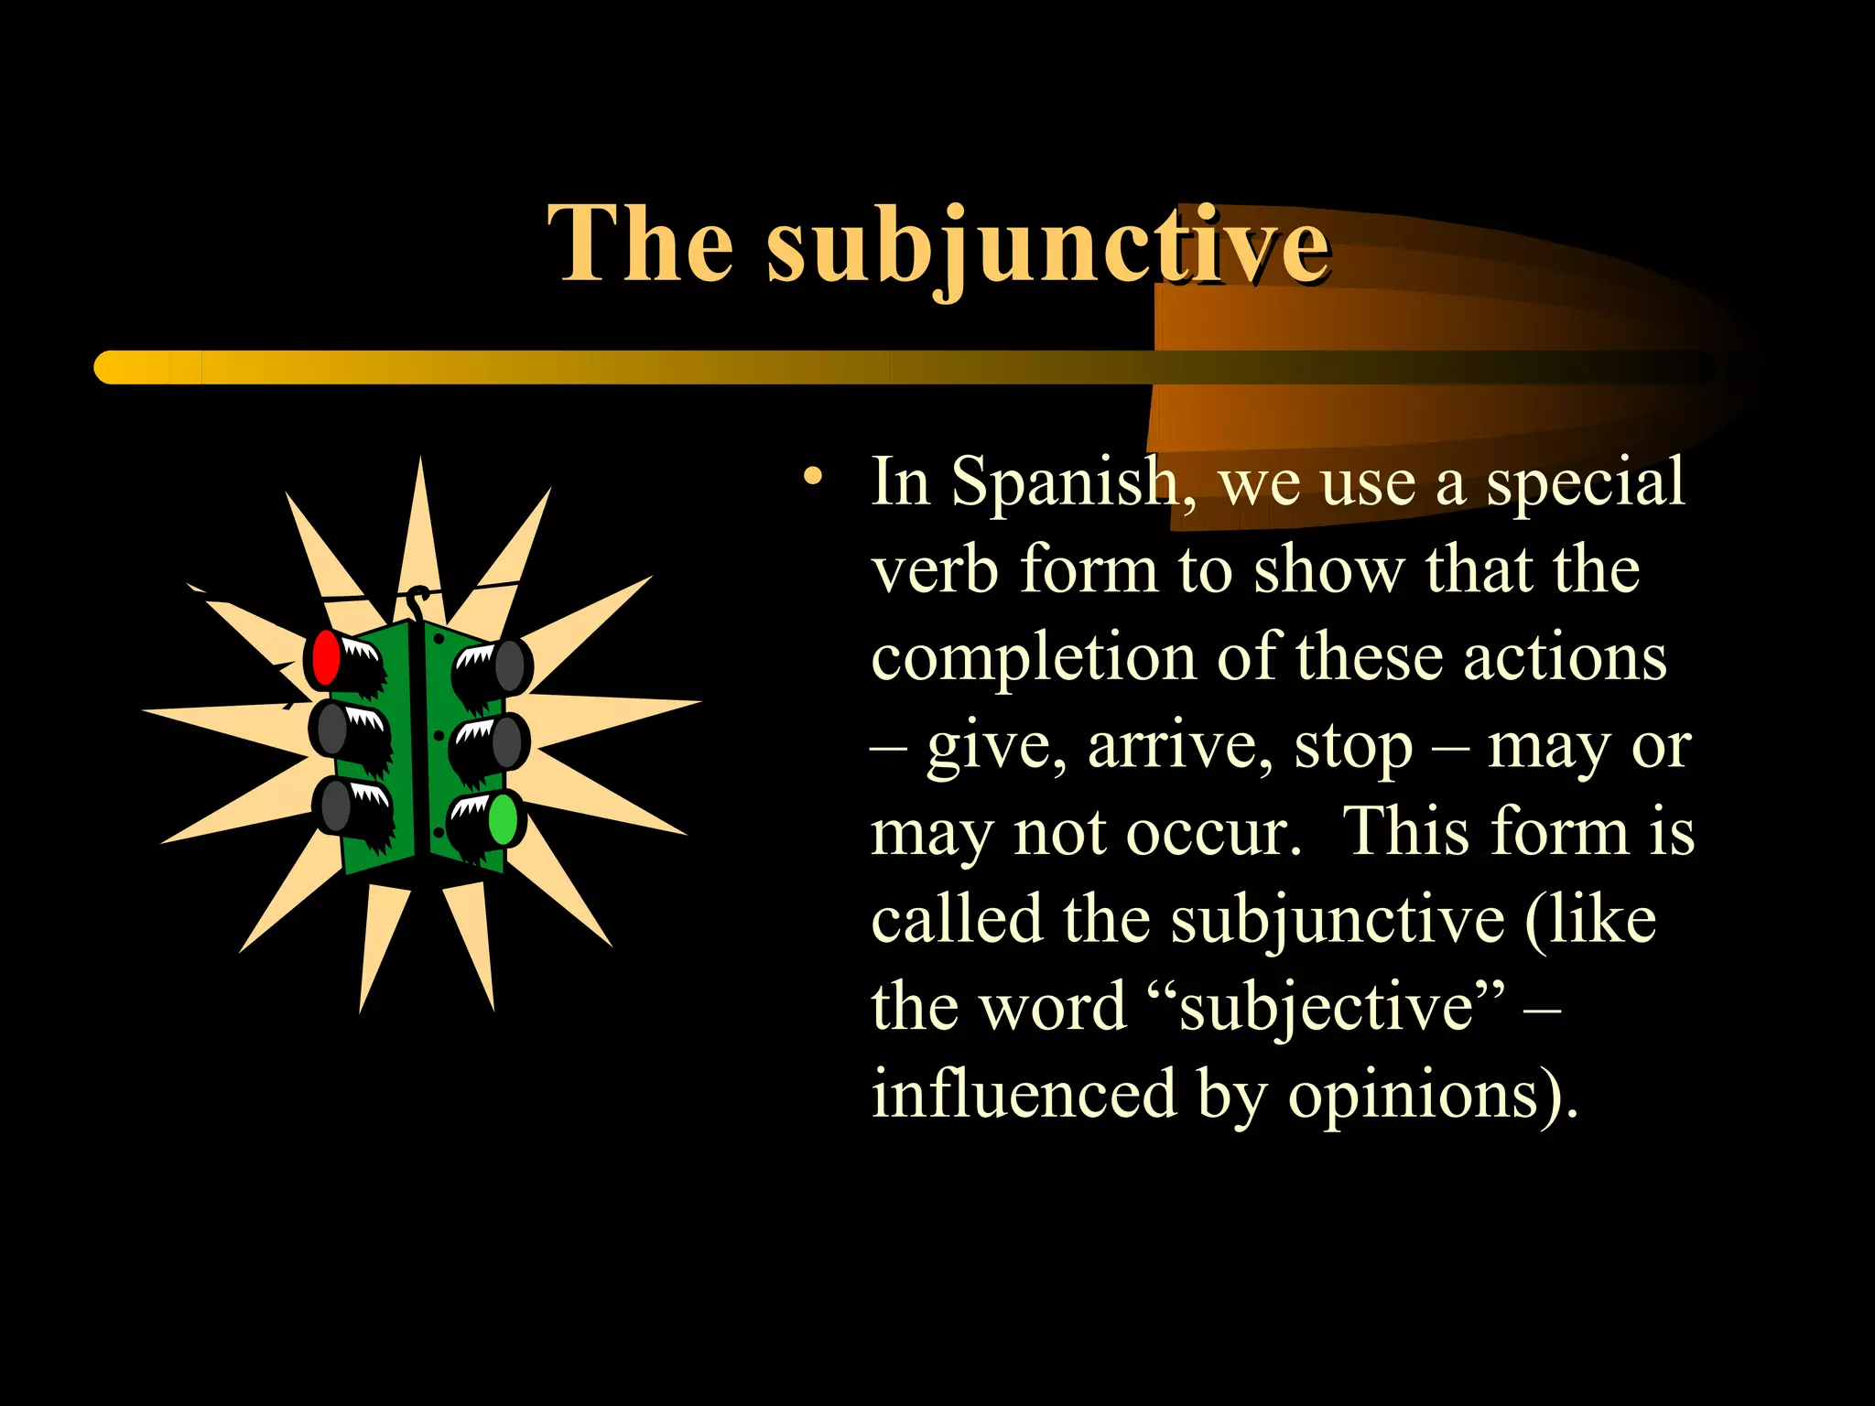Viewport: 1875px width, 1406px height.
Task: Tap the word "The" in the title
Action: click(640, 243)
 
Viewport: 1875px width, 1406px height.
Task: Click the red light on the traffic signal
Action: click(325, 657)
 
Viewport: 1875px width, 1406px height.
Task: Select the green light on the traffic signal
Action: click(504, 819)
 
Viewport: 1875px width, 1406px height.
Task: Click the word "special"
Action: click(1584, 482)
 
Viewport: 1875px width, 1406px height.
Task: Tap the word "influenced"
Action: click(1024, 1094)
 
